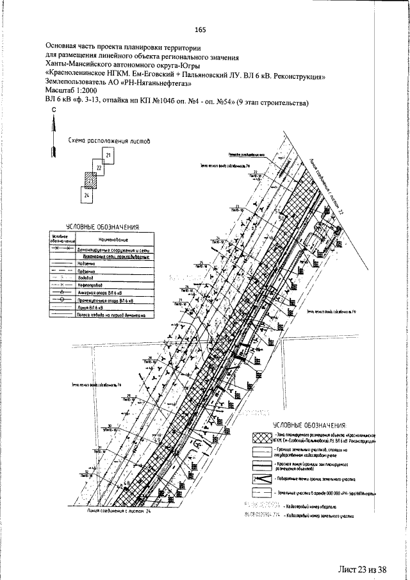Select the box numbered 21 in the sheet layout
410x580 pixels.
108,156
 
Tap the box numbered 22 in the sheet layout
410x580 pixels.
99,169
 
